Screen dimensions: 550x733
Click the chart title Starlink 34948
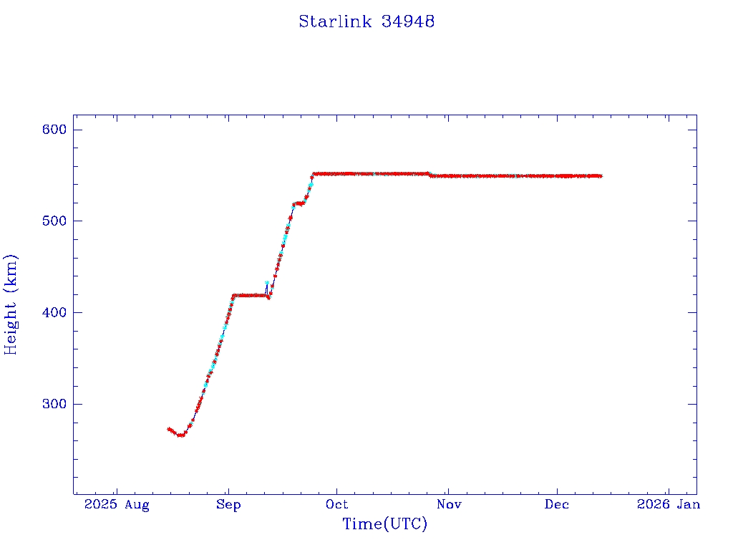pos(366,21)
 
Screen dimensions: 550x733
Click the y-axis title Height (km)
pos(11,304)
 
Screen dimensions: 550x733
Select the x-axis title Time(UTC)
pos(384,524)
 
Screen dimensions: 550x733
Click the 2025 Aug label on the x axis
pos(117,505)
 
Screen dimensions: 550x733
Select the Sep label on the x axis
pos(228,505)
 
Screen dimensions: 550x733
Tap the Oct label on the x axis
pos(336,505)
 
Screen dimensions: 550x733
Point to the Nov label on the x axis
pos(448,505)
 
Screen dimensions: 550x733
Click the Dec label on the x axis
pos(557,505)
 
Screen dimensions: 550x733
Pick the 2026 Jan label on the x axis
pos(668,505)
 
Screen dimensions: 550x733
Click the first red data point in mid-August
pos(168,429)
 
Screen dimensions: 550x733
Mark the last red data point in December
pos(600,176)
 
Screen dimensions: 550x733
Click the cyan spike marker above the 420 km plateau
pos(267,284)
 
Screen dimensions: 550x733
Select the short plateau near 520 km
pos(298,203)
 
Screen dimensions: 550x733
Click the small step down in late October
pos(429,175)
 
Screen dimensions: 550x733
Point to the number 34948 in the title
pos(408,21)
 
